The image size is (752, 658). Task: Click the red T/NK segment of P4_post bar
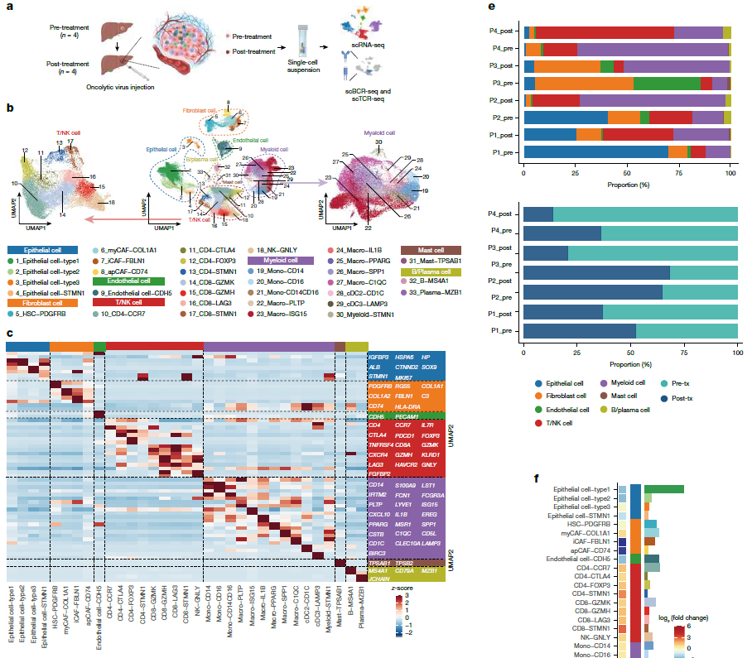pyautogui.click(x=605, y=32)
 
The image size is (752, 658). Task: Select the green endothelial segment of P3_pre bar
pyautogui.click(x=667, y=83)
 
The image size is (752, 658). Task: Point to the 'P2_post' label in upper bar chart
pyautogui.click(x=504, y=100)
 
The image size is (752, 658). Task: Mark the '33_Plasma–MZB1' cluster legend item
pyautogui.click(x=434, y=292)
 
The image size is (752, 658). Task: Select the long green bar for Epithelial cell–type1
pyautogui.click(x=663, y=490)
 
